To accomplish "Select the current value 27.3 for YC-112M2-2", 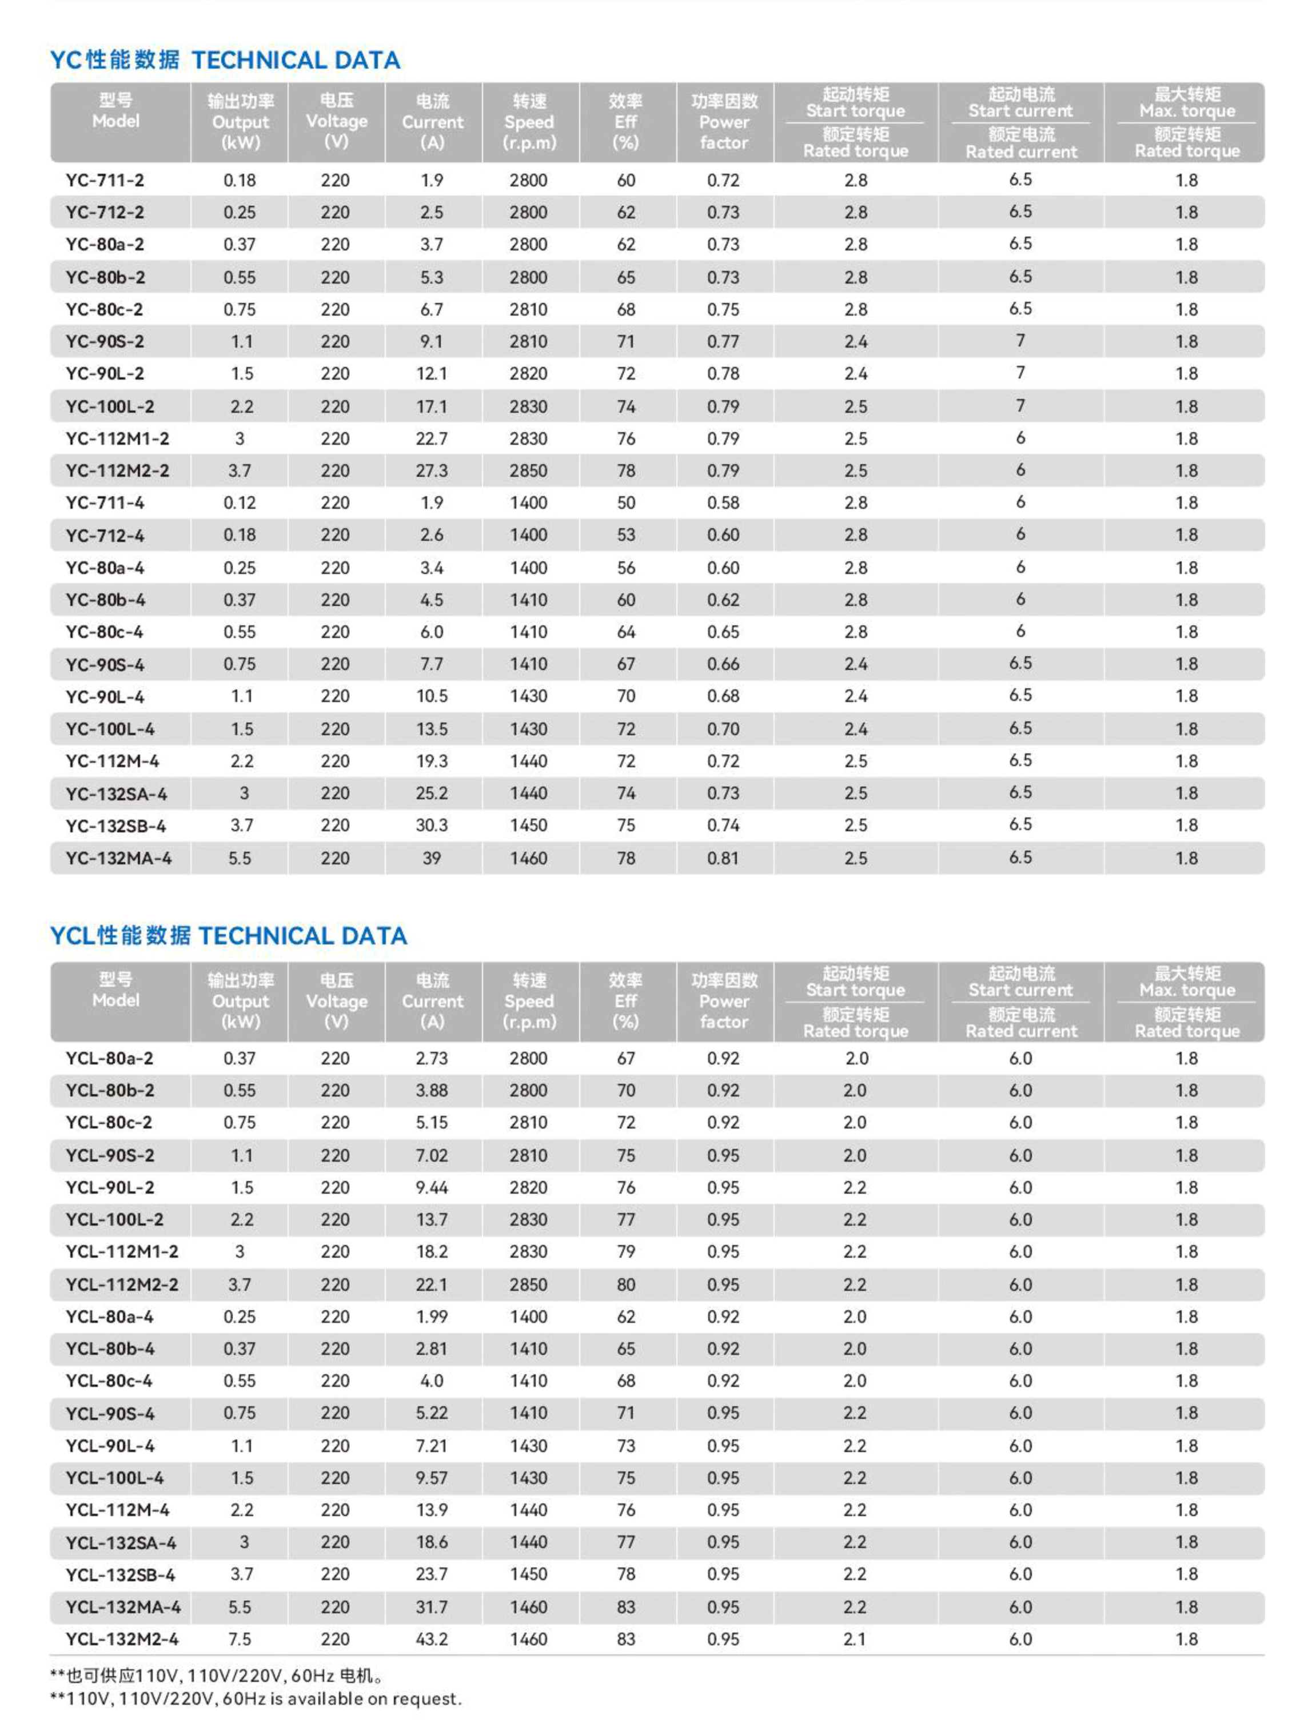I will click(432, 470).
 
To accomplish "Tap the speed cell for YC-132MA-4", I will click(529, 858).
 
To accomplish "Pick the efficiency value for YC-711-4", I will click(626, 502).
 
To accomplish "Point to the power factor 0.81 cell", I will click(723, 858).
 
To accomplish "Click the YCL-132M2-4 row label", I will click(122, 1638).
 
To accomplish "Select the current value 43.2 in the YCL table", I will click(432, 1638).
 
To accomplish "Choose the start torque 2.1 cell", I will click(855, 1638).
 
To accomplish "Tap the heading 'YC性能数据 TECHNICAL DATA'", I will click(225, 61).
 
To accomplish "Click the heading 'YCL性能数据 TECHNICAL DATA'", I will click(228, 936).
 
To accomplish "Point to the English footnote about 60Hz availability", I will click(256, 1699).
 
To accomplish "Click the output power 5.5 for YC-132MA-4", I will click(240, 858).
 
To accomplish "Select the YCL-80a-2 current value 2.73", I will click(432, 1058).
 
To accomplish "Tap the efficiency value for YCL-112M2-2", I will click(626, 1285).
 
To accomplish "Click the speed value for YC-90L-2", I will click(529, 374).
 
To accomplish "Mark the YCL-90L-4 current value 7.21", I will click(432, 1446).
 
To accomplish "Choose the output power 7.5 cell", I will click(240, 1638).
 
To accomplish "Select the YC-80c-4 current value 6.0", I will click(432, 632).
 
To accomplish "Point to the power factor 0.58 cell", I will click(723, 502).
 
